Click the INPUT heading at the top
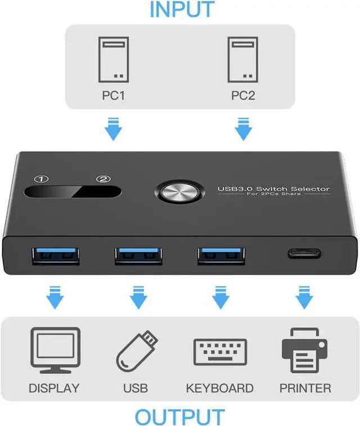[182, 9]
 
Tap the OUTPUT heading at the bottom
[179, 417]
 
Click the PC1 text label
[112, 95]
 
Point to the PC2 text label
[243, 95]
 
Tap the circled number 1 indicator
[39, 180]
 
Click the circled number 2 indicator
[103, 180]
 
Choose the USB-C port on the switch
[305, 254]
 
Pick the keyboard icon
[220, 352]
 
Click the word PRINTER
[305, 388]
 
